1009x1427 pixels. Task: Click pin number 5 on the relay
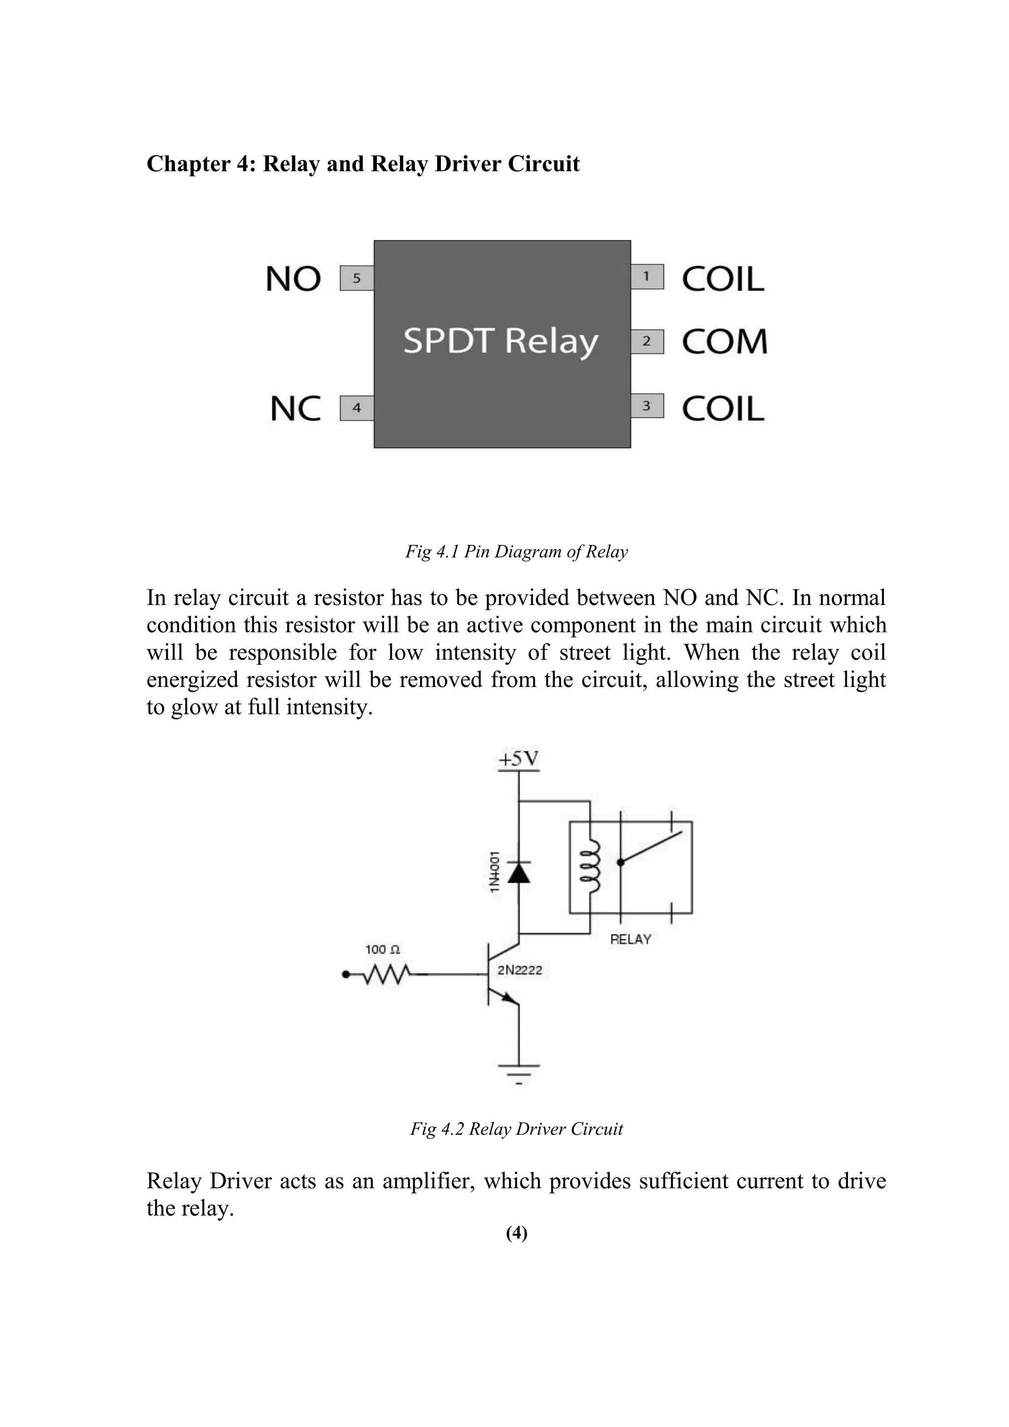point(357,278)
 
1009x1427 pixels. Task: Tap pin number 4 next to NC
point(357,408)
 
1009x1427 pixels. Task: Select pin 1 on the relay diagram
point(647,276)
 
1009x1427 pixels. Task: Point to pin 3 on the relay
point(647,406)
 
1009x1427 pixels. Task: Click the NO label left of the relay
point(293,279)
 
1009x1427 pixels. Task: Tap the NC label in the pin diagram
point(296,409)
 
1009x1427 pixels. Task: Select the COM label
point(724,342)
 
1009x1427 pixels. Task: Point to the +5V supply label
point(519,759)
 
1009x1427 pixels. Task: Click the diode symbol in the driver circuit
point(519,873)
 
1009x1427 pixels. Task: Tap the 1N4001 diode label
point(495,872)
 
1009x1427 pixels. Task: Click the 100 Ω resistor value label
point(382,950)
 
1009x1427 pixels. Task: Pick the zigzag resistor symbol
point(386,975)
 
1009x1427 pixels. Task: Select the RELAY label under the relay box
point(630,939)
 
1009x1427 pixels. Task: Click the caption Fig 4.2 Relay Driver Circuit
point(516,1129)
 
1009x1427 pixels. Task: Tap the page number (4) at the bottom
point(516,1233)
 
